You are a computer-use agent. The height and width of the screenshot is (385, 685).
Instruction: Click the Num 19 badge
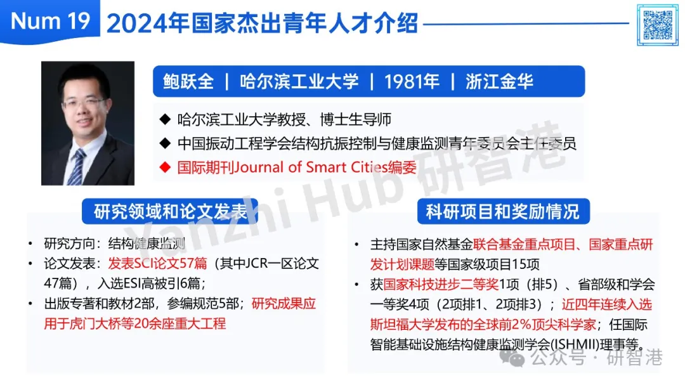click(50, 22)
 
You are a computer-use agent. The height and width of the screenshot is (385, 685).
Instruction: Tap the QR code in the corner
click(658, 25)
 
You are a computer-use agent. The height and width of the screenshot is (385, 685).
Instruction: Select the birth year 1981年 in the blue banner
click(412, 82)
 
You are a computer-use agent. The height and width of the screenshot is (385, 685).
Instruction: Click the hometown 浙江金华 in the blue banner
click(499, 82)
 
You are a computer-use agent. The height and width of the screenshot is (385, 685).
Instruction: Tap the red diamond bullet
click(165, 167)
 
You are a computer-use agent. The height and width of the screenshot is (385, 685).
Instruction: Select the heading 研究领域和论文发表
click(170, 211)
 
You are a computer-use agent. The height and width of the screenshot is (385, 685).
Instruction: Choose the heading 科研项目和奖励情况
click(503, 211)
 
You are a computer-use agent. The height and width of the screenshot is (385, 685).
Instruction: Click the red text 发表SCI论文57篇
click(158, 263)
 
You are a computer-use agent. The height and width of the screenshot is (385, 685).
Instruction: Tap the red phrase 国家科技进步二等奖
click(441, 285)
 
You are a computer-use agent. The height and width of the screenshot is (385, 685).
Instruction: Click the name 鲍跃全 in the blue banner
click(188, 82)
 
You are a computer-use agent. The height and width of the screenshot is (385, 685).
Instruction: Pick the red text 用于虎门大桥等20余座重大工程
click(135, 324)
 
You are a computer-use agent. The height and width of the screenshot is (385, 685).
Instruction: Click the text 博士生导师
click(356, 119)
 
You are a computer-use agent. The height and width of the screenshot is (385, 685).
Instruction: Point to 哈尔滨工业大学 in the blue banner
click(299, 82)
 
